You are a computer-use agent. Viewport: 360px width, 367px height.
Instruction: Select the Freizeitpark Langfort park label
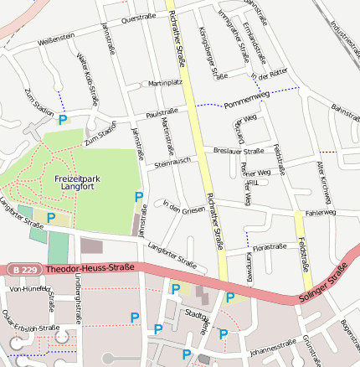[x=79, y=183]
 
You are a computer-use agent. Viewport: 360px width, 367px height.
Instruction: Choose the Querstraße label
[x=138, y=18]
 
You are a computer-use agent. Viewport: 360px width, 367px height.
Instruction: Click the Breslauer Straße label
[x=239, y=152]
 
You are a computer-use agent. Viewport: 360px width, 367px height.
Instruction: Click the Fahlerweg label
[x=320, y=213]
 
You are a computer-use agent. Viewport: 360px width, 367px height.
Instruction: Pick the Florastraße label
[x=270, y=248]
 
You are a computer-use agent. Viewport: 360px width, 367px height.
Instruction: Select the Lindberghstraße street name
[x=78, y=308]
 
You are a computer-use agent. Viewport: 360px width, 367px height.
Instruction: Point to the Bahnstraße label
[x=344, y=111]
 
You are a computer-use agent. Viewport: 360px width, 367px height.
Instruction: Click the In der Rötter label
[x=270, y=75]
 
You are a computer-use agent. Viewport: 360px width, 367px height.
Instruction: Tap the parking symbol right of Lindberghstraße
[x=135, y=318]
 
